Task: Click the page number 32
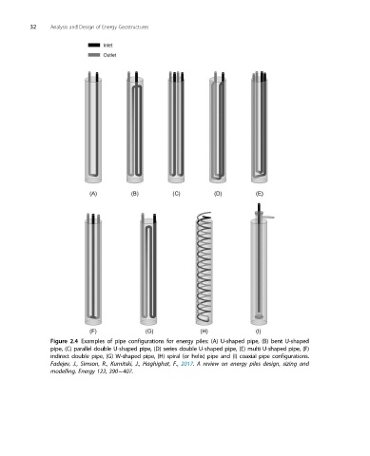click(33, 28)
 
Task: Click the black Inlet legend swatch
click(94, 45)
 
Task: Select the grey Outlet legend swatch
click(94, 55)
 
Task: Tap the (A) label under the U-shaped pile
click(93, 194)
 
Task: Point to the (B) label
click(135, 194)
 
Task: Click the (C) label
click(176, 194)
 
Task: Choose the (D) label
click(218, 194)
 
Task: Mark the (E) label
click(260, 194)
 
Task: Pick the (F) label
click(93, 332)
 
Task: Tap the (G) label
click(149, 332)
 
